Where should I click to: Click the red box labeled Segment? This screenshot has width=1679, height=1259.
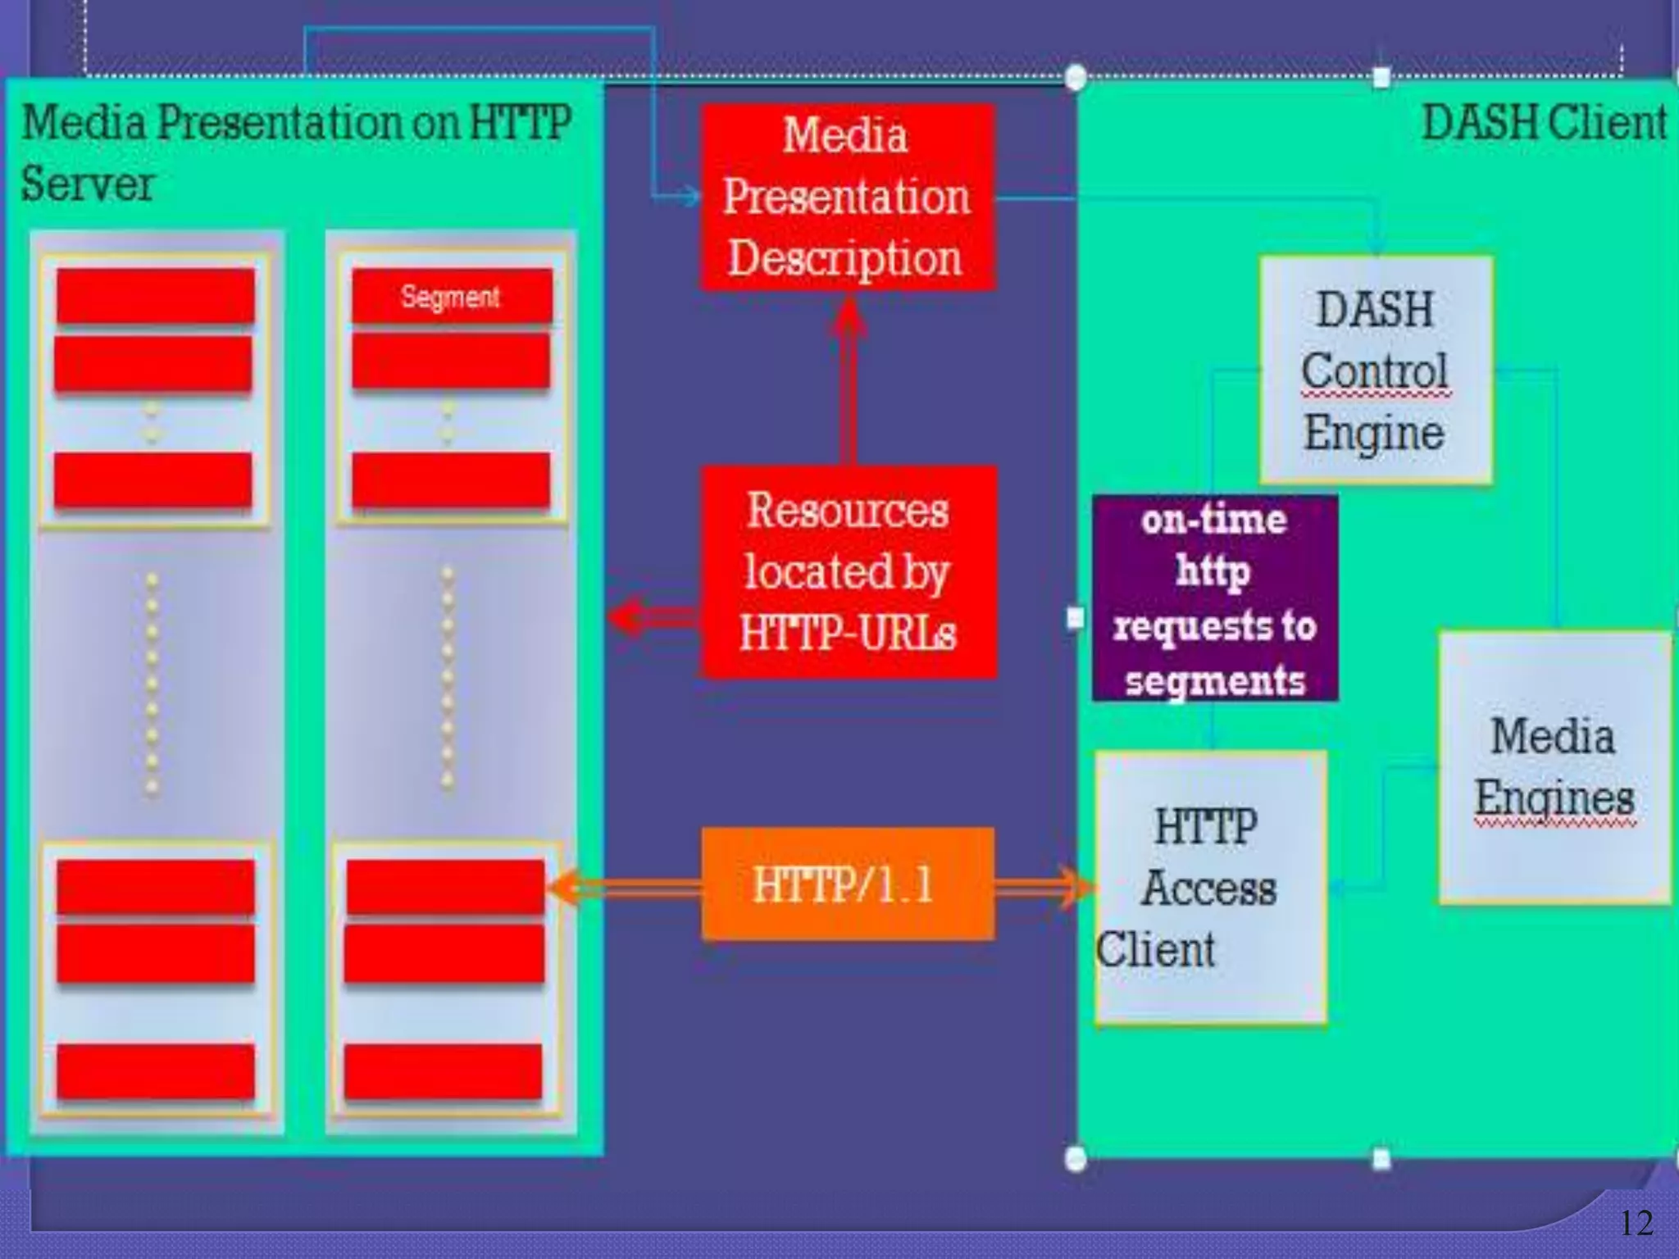[451, 296]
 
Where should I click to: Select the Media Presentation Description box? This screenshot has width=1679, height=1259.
[847, 198]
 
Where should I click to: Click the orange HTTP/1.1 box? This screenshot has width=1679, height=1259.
[847, 884]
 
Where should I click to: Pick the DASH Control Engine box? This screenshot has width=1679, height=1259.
[1375, 370]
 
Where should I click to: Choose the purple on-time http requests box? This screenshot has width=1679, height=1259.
[1214, 598]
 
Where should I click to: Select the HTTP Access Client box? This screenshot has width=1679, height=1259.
[1210, 887]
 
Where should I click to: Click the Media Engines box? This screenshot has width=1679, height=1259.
[1554, 767]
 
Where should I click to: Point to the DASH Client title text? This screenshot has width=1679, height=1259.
[1544, 124]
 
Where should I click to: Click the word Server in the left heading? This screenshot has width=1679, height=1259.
[87, 184]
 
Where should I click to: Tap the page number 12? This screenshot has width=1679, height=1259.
[1636, 1224]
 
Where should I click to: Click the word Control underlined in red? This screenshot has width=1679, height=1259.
[1375, 371]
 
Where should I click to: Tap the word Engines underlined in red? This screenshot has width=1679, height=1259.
[1554, 798]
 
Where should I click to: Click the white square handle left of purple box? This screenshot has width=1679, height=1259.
[1076, 617]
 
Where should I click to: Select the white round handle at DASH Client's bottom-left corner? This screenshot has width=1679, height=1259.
[1076, 1158]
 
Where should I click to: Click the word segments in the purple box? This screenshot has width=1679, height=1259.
[1214, 680]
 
